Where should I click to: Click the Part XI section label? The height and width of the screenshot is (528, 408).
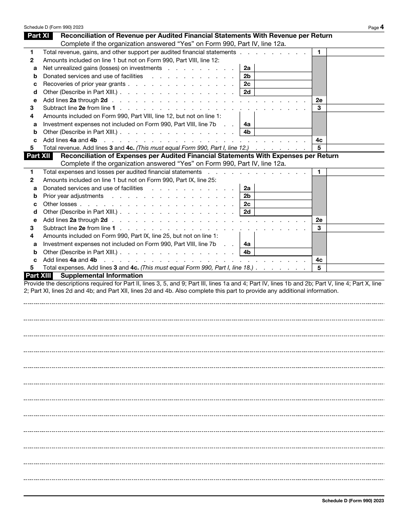(x=38, y=36)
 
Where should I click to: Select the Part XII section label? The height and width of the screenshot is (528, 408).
(x=38, y=156)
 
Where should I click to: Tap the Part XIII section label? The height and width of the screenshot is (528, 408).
(x=38, y=276)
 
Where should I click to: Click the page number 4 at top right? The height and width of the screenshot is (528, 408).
(x=382, y=27)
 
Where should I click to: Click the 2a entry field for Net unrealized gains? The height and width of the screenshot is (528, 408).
(x=283, y=68)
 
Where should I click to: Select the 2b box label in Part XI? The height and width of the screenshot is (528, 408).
(x=247, y=76)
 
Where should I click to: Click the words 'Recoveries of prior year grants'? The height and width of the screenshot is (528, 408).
(x=84, y=84)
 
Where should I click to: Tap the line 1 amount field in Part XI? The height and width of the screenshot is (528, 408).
(x=355, y=52)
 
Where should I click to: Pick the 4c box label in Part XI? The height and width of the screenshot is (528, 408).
(x=319, y=140)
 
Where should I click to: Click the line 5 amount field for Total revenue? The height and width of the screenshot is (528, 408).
(x=355, y=148)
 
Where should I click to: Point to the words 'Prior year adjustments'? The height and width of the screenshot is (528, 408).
(x=73, y=196)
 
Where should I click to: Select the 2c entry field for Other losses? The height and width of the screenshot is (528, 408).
(x=283, y=204)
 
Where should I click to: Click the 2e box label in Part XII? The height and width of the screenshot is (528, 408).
(x=319, y=220)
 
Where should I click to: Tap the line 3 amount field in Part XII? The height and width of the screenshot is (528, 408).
(x=355, y=228)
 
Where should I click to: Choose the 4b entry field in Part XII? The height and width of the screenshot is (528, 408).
(x=283, y=252)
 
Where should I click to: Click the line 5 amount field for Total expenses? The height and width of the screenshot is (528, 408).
(x=355, y=268)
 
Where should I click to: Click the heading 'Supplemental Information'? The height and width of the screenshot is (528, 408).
(x=102, y=276)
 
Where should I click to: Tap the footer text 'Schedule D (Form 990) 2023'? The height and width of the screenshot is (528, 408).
(x=353, y=501)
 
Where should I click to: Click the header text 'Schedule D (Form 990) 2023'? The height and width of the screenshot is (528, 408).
(x=54, y=27)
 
